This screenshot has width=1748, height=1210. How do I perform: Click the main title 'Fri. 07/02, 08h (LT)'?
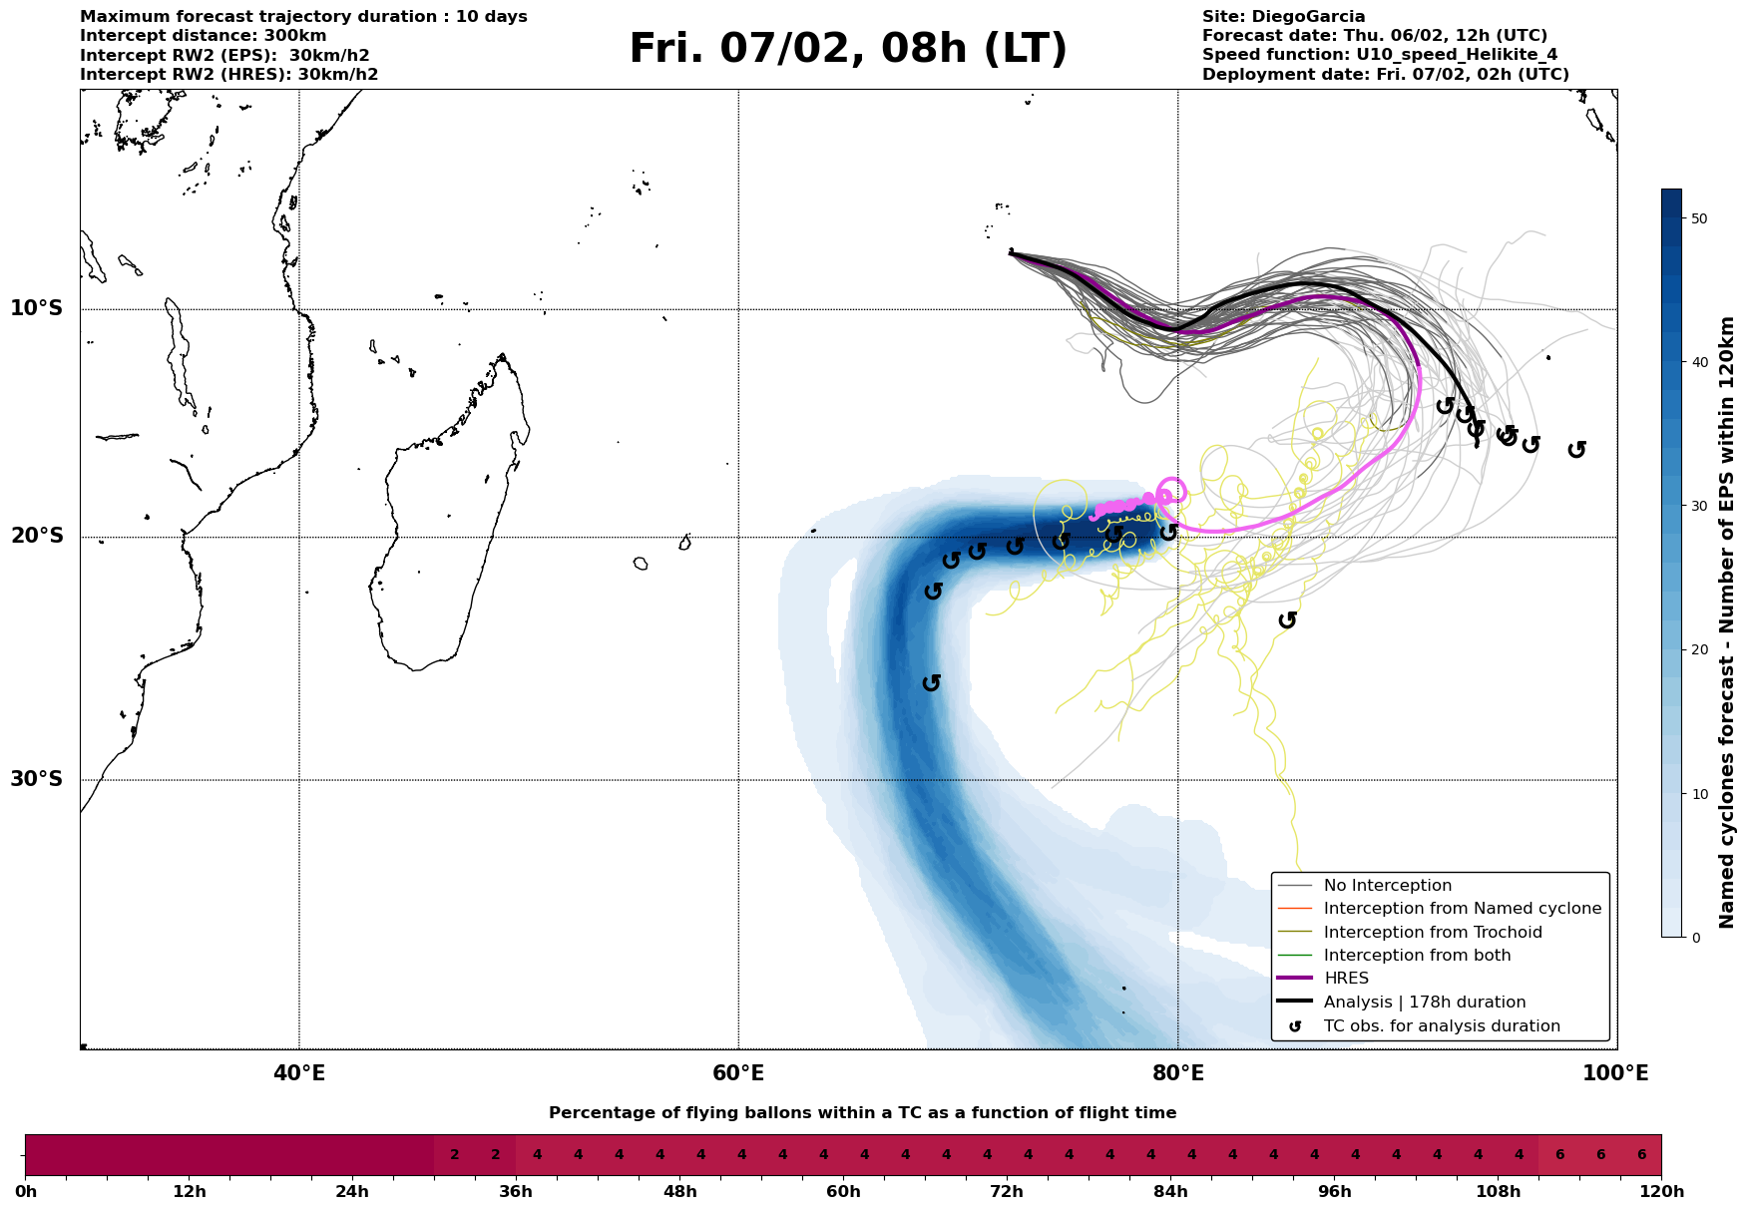pos(848,49)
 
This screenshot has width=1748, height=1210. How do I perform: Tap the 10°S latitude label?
pos(37,308)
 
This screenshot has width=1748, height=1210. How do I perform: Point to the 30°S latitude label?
pos(37,779)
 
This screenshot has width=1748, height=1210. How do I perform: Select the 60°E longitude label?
pos(738,1074)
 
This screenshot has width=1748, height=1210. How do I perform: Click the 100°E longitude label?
pos(1616,1074)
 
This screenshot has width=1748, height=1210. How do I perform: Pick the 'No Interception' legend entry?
pos(1387,886)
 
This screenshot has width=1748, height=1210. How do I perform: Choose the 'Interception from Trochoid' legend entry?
pos(1432,933)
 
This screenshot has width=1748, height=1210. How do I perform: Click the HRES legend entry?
pos(1346,979)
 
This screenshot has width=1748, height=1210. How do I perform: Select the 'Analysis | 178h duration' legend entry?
pos(1424,1003)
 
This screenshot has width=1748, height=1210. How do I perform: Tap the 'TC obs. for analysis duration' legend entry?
pos(1441,1026)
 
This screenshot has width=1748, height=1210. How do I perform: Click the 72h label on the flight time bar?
pos(1007,1192)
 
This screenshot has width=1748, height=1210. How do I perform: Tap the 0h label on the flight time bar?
pos(26,1192)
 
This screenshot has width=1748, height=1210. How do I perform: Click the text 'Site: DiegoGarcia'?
pos(1283,17)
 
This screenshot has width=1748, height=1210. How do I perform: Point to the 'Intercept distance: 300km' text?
pos(204,36)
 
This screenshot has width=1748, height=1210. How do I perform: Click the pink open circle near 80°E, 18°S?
pos(1172,490)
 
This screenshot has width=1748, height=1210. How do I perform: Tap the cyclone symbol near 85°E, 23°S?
pos(1287,620)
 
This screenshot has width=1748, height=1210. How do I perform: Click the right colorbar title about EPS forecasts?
pos(1727,622)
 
